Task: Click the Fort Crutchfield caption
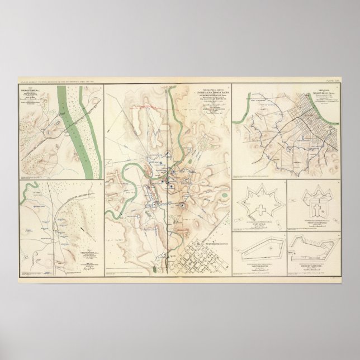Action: (316, 226)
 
